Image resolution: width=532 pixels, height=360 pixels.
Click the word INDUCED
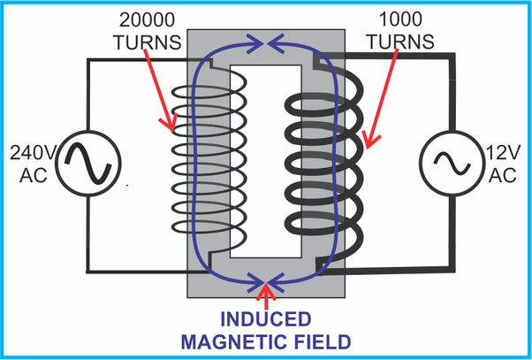(266, 319)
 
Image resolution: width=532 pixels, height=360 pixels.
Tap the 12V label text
(503, 152)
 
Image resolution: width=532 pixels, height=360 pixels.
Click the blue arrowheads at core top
(266, 38)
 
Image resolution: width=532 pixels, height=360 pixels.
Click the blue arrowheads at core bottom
(266, 283)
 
